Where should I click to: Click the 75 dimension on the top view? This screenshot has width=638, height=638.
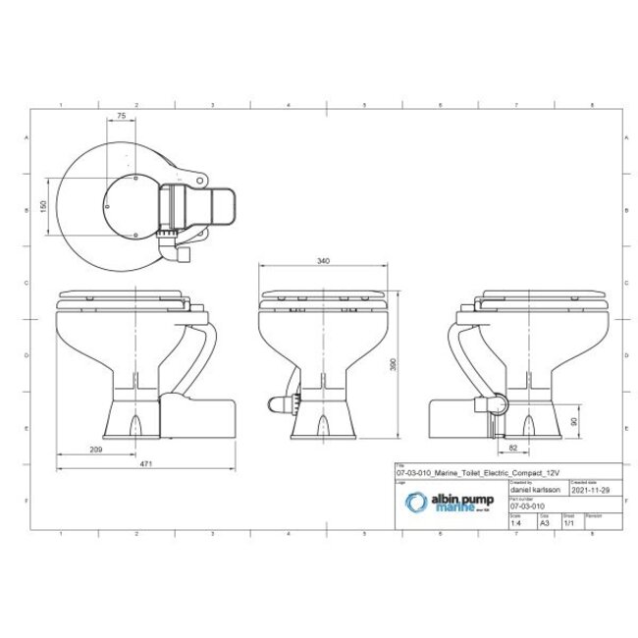point(121,116)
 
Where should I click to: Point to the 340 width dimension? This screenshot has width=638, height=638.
point(323,262)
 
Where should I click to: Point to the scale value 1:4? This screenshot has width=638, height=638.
point(516,524)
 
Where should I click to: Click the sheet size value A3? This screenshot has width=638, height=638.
point(544,524)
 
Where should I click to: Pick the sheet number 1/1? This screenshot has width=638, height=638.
point(568,524)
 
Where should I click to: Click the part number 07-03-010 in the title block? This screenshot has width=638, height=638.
point(528,506)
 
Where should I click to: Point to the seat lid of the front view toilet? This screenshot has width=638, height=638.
point(323,293)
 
